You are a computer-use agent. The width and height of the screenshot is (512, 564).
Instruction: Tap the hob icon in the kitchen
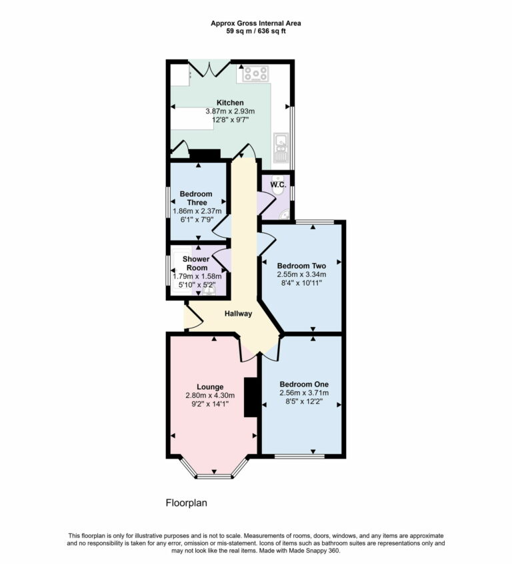coord(256,73)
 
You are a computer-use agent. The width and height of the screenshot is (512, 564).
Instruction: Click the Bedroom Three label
coord(196,198)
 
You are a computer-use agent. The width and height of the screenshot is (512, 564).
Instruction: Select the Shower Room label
coord(196,263)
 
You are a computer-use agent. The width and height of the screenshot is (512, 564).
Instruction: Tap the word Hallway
coord(238,313)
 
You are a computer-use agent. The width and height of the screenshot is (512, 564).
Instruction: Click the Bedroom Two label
coord(301,265)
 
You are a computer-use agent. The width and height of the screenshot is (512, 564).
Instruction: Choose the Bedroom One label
coord(303,384)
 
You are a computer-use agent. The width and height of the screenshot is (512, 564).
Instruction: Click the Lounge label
coord(209,386)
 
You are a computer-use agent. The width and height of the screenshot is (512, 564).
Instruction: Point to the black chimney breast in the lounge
coord(251,398)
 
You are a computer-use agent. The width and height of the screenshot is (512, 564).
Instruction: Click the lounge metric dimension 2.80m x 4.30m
coord(209,395)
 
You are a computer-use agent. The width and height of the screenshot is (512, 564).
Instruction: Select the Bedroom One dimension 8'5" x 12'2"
coord(303,402)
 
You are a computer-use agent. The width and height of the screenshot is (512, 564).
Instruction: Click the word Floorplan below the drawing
coord(186,503)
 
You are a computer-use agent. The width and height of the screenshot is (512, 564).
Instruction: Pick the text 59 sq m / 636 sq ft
coord(255,31)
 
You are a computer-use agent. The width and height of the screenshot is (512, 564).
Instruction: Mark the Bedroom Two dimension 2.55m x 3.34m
coord(301,274)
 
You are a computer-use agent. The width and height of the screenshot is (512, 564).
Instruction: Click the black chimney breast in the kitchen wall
coord(205,155)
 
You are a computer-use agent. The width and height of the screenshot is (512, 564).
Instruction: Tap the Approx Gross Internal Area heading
coord(255,23)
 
